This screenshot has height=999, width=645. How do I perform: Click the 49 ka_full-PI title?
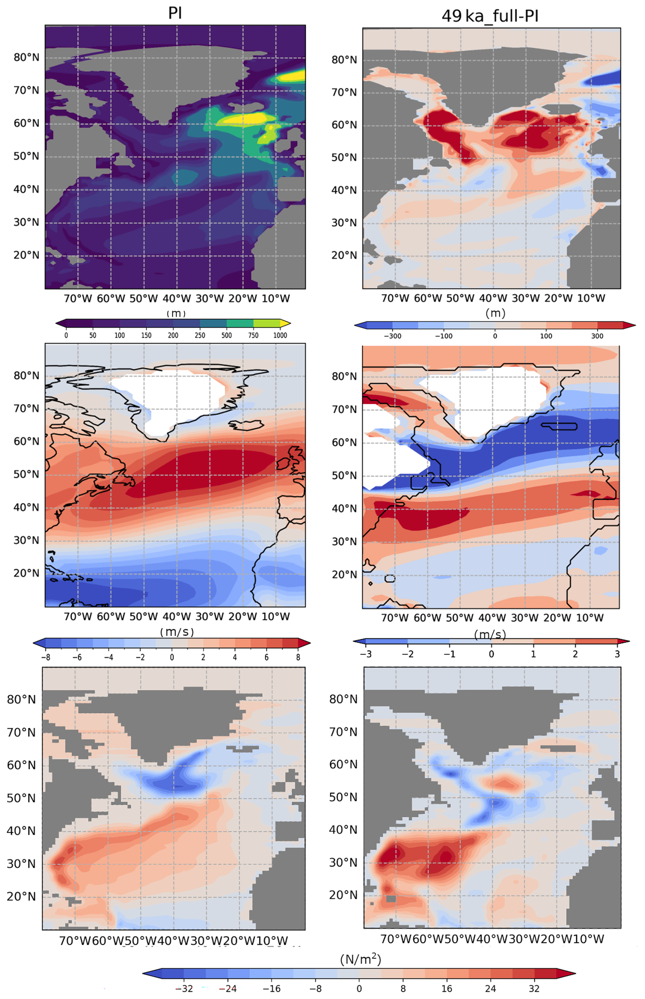point(490,16)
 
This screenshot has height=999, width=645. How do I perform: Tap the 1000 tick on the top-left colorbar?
point(280,335)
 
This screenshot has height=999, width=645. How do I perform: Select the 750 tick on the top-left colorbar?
point(253,335)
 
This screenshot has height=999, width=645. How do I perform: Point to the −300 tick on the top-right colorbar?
point(392,336)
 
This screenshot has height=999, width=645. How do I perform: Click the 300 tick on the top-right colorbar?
point(597,336)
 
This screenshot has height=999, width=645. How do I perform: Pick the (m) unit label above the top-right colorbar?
point(495,313)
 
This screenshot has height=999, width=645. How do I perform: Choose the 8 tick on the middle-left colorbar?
point(298,657)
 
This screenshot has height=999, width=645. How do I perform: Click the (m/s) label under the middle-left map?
point(177,632)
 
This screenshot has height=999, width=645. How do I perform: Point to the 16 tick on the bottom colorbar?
point(447,988)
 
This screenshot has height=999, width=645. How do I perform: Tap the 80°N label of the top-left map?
point(26,57)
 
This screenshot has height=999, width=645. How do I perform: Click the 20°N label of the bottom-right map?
point(343,895)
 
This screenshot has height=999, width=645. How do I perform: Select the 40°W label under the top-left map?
point(176,299)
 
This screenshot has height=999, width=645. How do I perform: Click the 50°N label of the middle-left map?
point(26,474)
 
